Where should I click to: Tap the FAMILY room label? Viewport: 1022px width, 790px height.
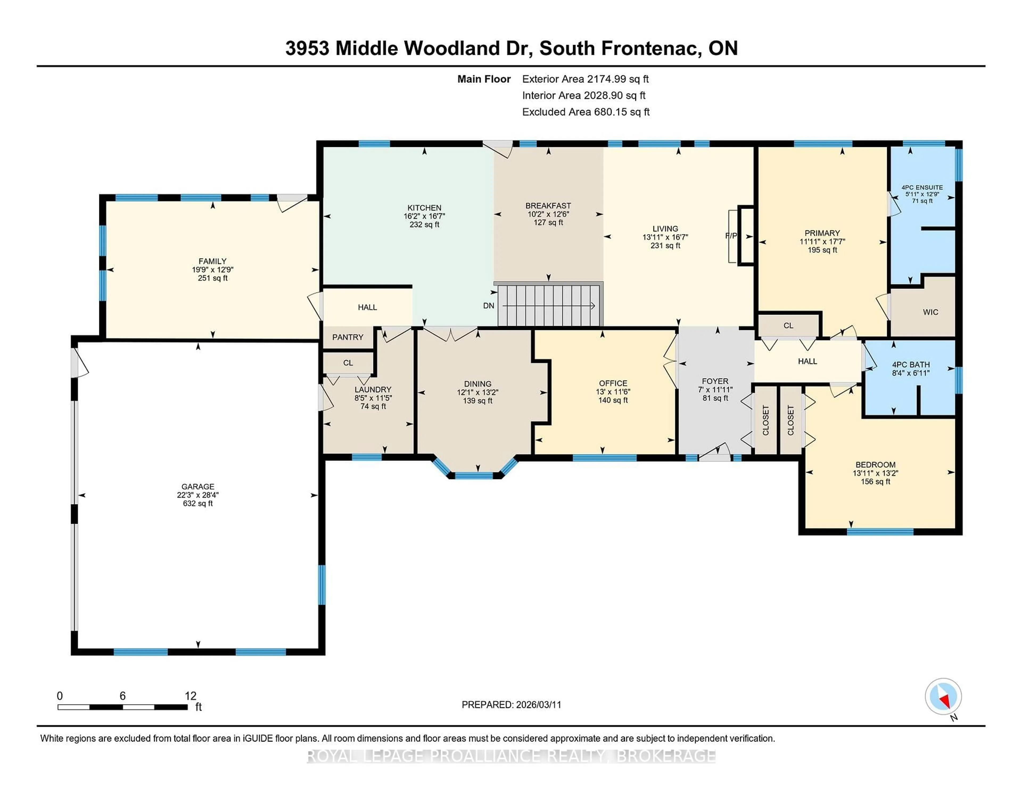click(212, 261)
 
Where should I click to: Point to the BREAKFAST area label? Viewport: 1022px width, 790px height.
click(548, 205)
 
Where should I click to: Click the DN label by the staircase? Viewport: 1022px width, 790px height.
click(489, 306)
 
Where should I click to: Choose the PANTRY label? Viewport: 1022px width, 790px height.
click(348, 337)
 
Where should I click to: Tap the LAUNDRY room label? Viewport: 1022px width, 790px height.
click(373, 389)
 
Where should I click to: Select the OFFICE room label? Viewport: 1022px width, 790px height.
click(613, 383)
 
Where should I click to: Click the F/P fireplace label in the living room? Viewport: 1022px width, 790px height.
click(731, 236)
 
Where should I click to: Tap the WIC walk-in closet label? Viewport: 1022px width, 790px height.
click(930, 312)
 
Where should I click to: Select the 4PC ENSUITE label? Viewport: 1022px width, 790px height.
click(922, 187)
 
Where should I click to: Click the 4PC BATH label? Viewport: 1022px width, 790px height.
click(911, 365)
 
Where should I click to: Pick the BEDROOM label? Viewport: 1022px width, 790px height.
click(875, 465)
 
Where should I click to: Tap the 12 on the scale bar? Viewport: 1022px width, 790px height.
click(191, 696)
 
